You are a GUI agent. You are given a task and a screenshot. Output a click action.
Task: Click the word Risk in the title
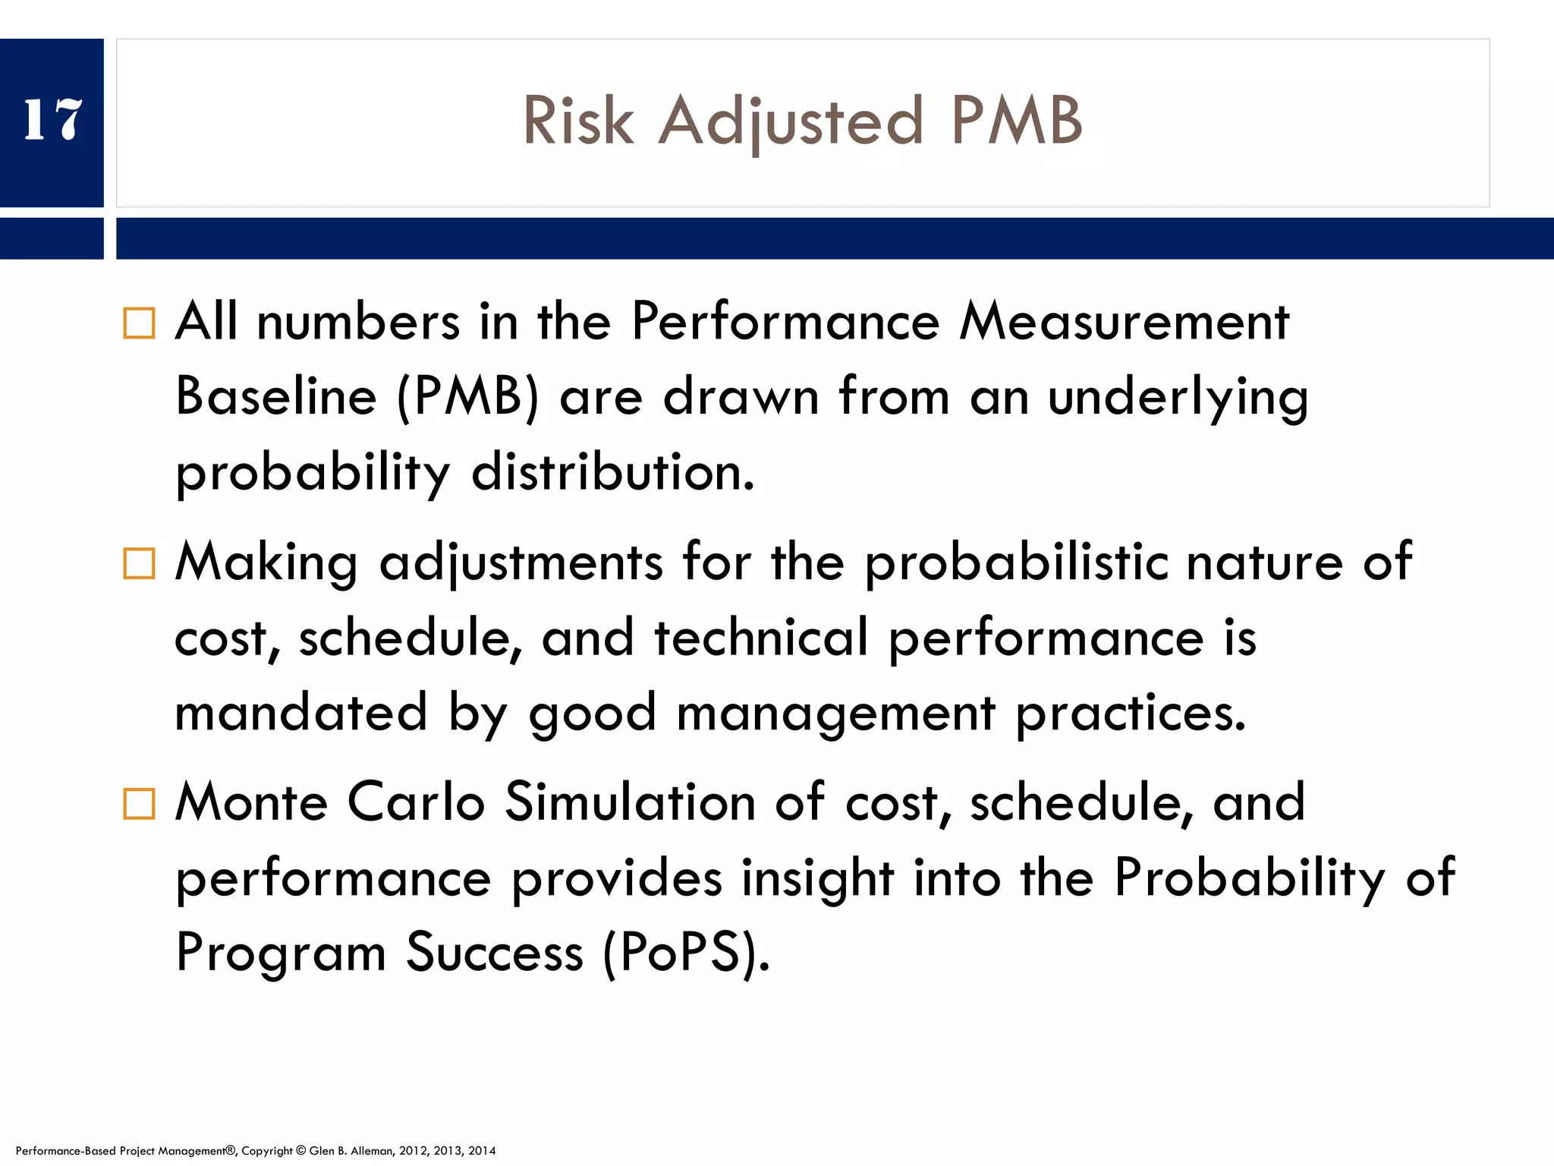coord(578,121)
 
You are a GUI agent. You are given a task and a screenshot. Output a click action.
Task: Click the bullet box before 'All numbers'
coord(139,323)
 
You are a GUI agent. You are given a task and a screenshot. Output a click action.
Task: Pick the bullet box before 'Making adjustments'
coord(139,564)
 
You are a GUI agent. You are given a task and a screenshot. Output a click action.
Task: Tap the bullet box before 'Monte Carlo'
coord(139,804)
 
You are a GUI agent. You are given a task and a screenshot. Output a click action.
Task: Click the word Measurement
coord(1125,322)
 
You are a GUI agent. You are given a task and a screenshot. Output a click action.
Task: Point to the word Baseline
coord(276,397)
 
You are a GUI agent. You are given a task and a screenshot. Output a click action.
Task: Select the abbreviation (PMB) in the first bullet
coord(467,397)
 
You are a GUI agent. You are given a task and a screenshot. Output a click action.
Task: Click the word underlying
coord(1178,399)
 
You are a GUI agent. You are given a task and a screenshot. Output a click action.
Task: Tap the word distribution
coord(613,472)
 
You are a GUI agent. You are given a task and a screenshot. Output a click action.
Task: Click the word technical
coord(761,637)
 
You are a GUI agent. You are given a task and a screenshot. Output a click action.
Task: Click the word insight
coord(818,878)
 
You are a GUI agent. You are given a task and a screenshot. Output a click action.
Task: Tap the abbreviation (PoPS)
coord(686,953)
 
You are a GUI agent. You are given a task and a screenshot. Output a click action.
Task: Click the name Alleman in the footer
coord(371,1151)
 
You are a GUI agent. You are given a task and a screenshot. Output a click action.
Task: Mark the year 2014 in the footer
coord(482,1151)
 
